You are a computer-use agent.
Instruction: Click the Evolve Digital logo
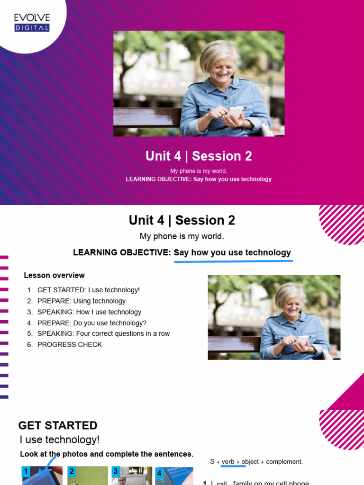(32, 23)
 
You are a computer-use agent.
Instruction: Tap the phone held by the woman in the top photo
(235, 113)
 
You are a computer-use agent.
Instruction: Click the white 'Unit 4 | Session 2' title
(199, 156)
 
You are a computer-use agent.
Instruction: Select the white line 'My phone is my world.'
(199, 171)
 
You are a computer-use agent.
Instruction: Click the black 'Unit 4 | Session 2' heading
(182, 220)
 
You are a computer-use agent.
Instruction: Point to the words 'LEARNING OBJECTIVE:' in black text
(122, 253)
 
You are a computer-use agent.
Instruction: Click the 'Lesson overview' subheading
(55, 275)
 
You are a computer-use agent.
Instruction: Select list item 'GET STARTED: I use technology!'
(89, 290)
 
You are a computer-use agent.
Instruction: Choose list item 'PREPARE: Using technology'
(82, 301)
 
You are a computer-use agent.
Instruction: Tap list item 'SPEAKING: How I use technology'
(89, 312)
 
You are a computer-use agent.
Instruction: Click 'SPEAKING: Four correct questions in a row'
(103, 333)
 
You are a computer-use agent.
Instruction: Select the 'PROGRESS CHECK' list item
(70, 344)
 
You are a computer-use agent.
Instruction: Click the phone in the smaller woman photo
(302, 340)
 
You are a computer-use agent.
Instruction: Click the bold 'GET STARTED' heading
(58, 425)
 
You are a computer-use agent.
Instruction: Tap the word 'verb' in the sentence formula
(228, 461)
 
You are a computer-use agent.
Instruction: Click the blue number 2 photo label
(72, 472)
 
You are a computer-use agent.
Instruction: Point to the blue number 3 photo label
(116, 472)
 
